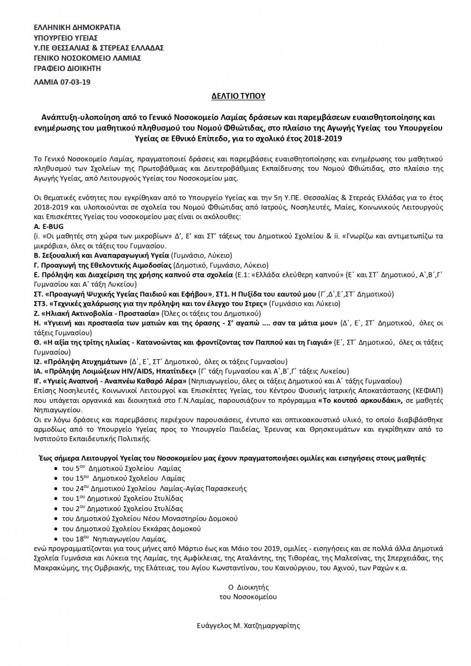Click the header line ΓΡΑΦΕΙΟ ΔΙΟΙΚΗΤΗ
(70, 68)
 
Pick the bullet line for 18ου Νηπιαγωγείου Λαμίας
(114, 538)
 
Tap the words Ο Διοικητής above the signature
(248, 586)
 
